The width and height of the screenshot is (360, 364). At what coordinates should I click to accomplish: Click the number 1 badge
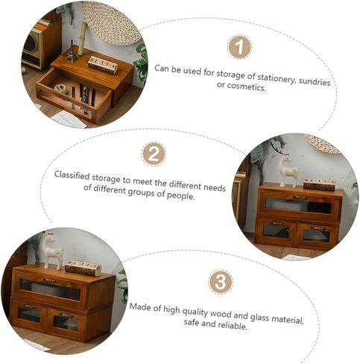tap(239, 47)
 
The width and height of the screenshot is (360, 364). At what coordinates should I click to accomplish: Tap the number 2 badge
tap(154, 154)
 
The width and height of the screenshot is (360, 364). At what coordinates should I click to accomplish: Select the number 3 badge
tap(221, 282)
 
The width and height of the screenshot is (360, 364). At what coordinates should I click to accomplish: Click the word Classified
tap(72, 175)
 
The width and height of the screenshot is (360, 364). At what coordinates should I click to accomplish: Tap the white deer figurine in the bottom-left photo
tap(52, 251)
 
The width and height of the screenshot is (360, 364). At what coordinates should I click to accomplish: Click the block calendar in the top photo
tap(103, 65)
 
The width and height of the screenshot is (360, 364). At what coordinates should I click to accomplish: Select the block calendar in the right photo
tap(319, 185)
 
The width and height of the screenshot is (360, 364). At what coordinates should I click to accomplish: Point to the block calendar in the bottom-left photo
tap(83, 268)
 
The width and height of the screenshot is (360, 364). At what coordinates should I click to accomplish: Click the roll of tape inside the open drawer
tap(60, 89)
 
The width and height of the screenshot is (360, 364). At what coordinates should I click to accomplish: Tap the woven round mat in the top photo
tap(111, 22)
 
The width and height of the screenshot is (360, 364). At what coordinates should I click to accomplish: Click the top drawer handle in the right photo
tap(300, 198)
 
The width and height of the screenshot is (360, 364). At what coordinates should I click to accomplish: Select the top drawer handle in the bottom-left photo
tap(51, 280)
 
